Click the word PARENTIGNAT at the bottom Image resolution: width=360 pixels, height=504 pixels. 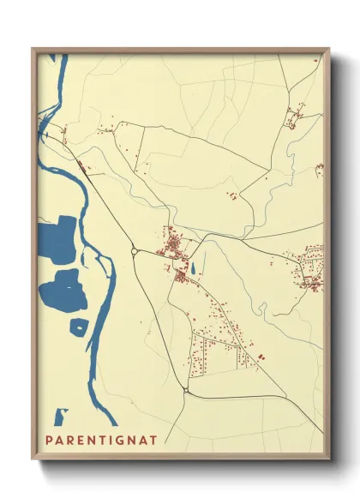101,441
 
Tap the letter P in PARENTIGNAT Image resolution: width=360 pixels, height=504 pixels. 49,441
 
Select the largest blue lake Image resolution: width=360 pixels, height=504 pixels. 57,240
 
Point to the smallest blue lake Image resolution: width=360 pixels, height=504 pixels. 78,327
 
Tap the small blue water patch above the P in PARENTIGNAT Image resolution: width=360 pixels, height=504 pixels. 60,417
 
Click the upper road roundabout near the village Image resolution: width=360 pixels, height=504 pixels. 135,251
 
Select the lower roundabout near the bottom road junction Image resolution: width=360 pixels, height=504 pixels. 186,391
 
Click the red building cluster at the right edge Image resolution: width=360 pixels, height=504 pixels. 310,268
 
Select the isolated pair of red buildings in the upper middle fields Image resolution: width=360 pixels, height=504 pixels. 231,196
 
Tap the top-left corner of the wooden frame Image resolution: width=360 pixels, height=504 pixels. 33,49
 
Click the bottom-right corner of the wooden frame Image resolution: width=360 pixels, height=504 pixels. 329,460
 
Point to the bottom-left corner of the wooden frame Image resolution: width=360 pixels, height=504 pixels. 33,460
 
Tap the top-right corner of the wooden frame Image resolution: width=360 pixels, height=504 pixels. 329,49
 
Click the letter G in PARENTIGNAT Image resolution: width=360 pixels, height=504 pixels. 123,441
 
